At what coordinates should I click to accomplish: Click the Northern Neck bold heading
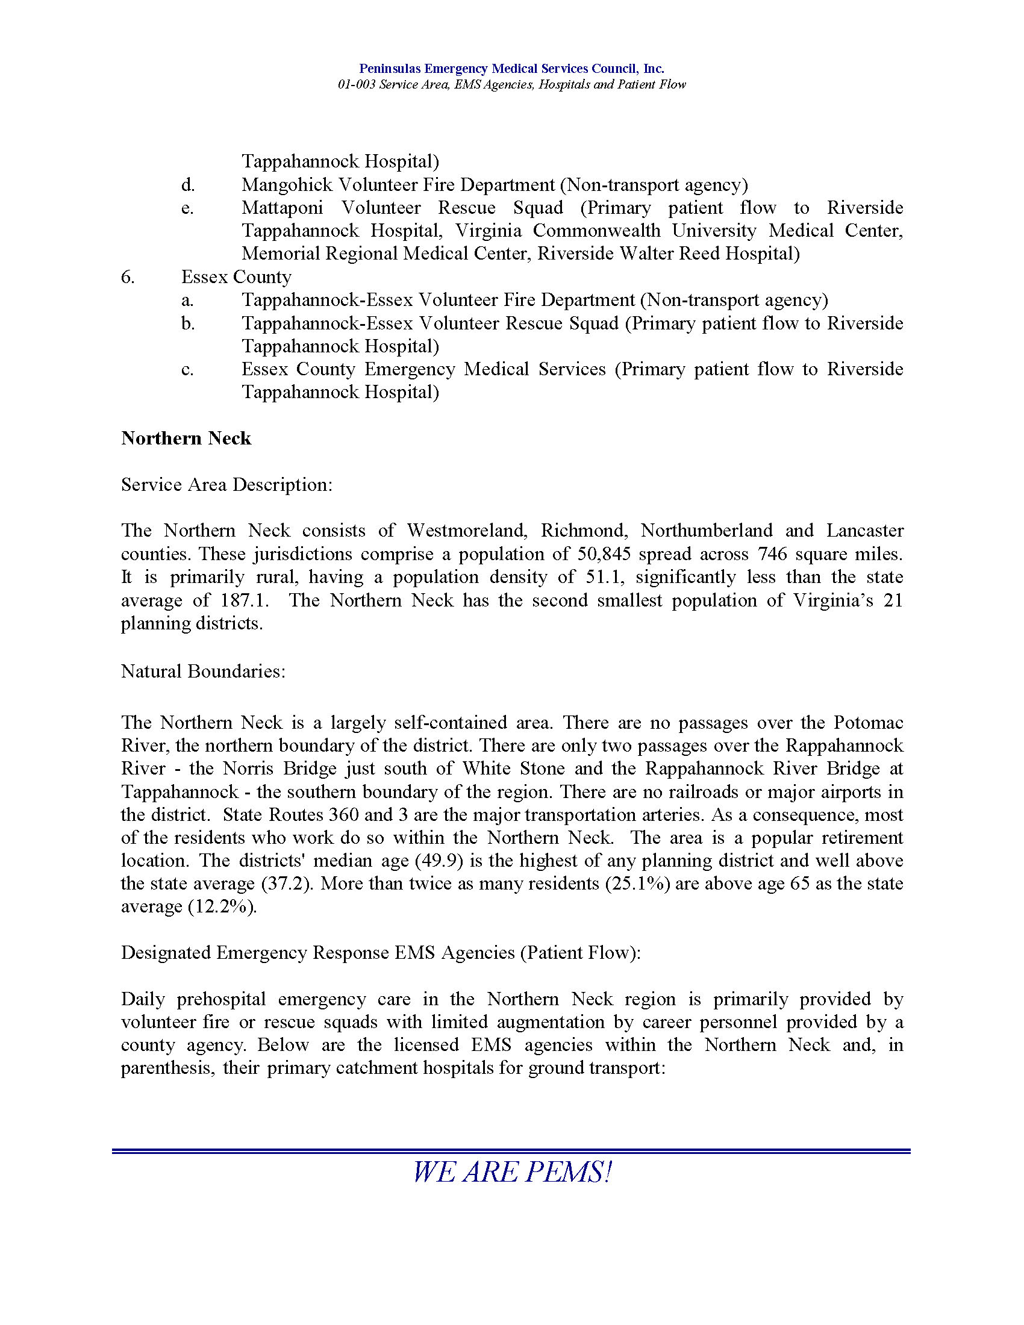[x=186, y=438]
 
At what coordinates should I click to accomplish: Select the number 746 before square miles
[x=772, y=554]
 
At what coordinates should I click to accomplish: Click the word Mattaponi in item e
[x=282, y=208]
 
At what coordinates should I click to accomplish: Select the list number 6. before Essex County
[x=127, y=277]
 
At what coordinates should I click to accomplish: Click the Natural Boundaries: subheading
[x=202, y=671]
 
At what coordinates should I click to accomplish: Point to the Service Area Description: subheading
[x=227, y=485]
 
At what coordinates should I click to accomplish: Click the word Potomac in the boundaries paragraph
[x=868, y=723]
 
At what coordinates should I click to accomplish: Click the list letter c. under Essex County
[x=187, y=369]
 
